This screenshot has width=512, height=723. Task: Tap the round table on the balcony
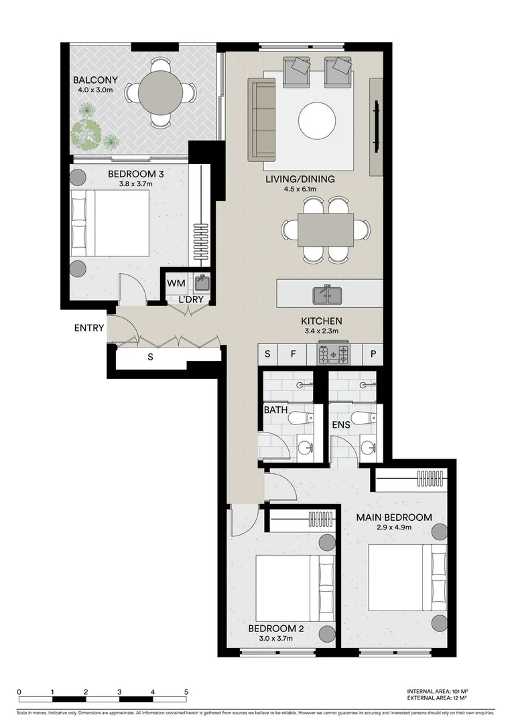tap(159, 93)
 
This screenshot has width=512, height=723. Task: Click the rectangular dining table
tap(326, 230)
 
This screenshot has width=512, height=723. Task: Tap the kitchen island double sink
tap(326, 294)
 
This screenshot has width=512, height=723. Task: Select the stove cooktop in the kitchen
tap(334, 354)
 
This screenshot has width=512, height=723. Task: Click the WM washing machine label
tap(176, 284)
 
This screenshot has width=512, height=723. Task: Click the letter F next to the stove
tap(293, 354)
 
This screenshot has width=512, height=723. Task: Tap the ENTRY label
tap(88, 328)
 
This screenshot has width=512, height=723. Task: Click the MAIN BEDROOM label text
tap(393, 517)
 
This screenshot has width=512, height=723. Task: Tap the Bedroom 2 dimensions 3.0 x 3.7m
tap(276, 639)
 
